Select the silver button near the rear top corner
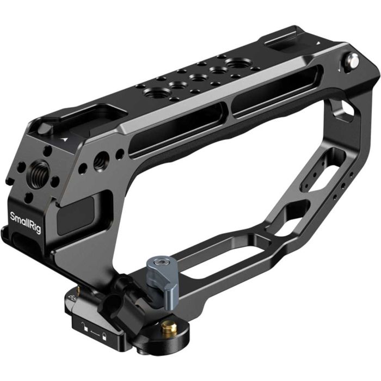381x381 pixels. (x=353, y=60)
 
